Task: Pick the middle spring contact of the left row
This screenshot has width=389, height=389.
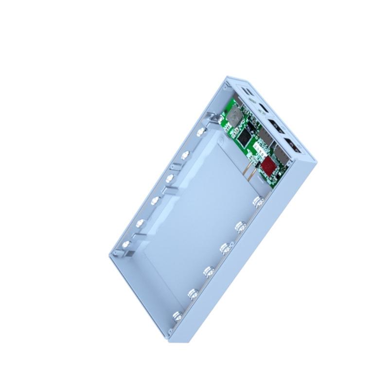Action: [x=156, y=200]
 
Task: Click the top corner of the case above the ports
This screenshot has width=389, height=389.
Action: [x=228, y=77]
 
